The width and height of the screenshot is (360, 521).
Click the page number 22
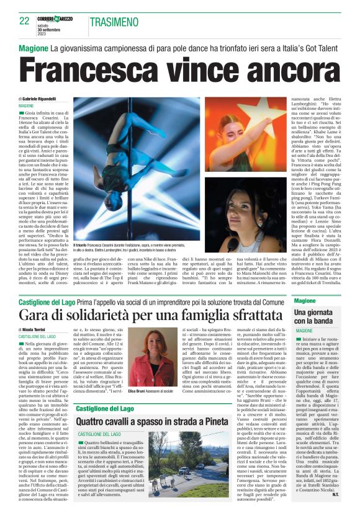click(x=24, y=20)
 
